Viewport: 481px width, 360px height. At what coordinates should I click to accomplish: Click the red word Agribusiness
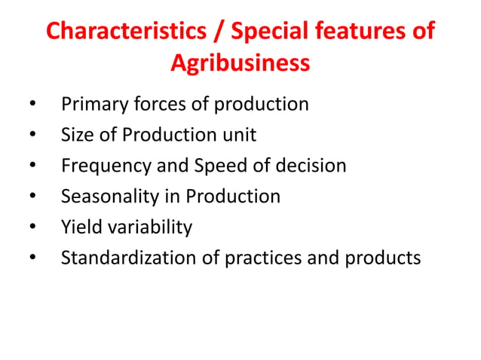(240, 63)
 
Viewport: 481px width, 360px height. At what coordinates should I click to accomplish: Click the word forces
(154, 104)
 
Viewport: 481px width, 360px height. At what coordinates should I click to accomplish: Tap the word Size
(75, 135)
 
